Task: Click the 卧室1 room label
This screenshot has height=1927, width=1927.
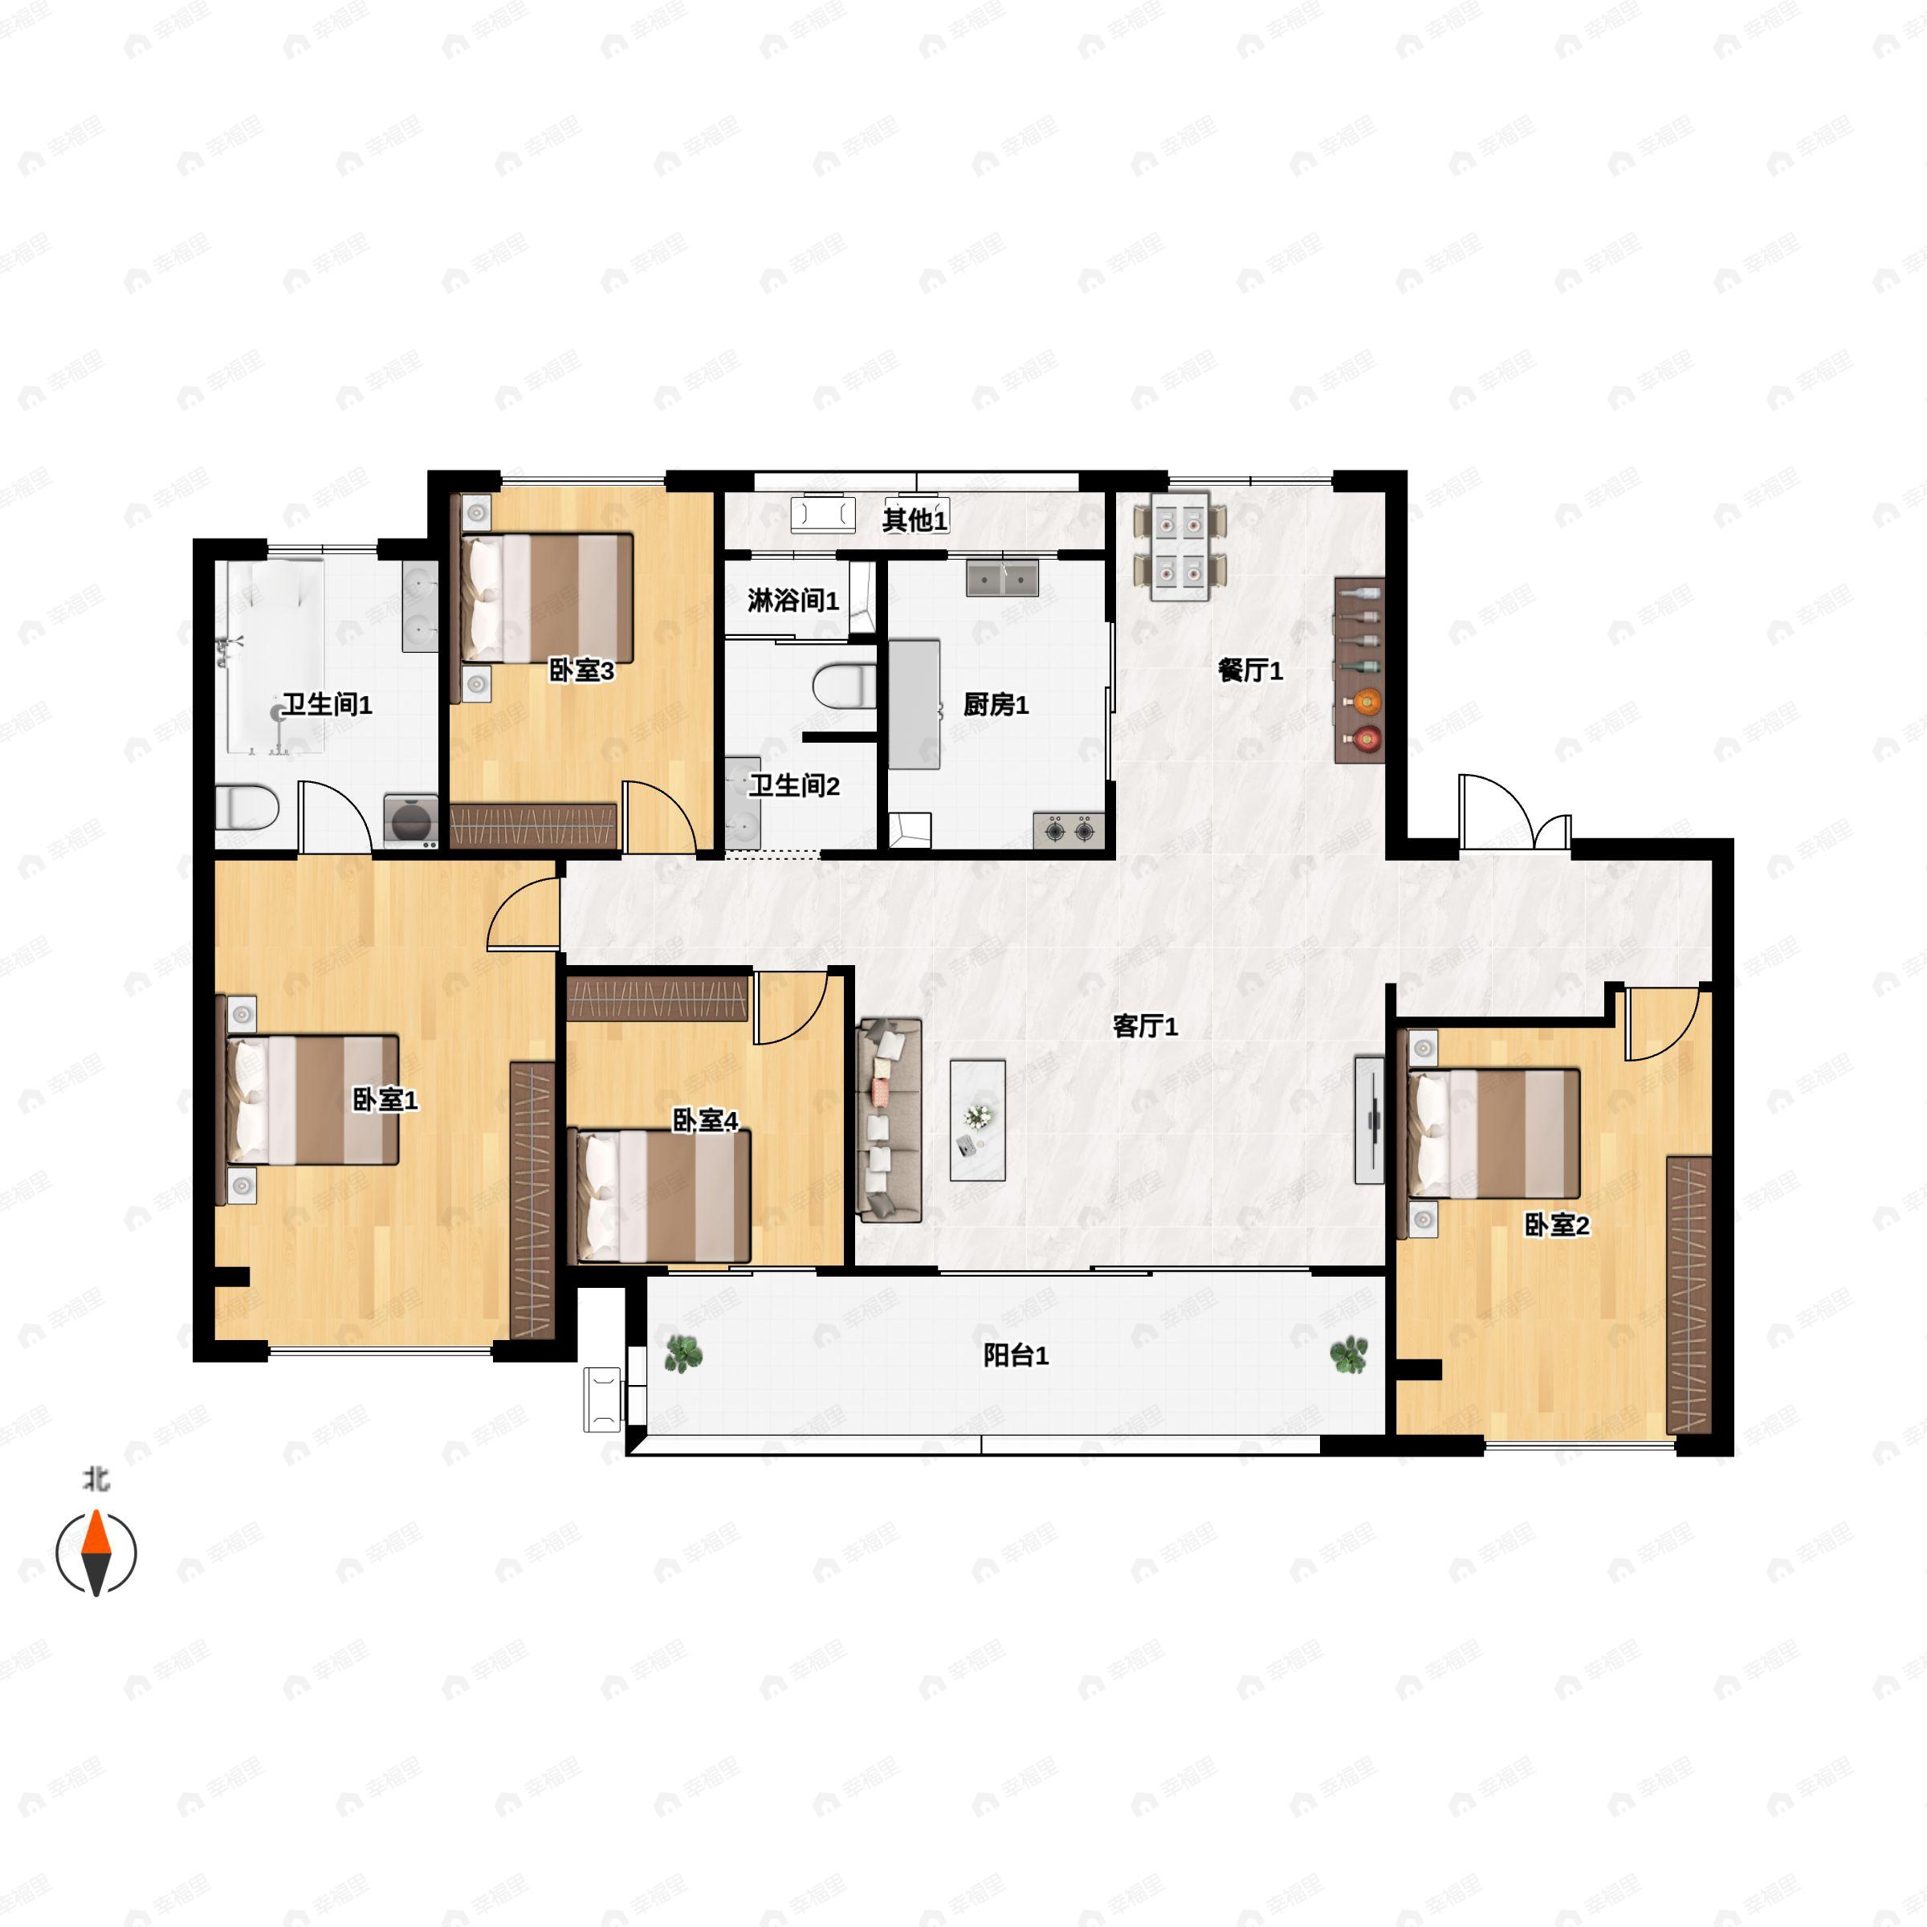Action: click(x=385, y=1099)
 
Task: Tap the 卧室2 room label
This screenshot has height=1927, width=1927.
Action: click(x=1556, y=1224)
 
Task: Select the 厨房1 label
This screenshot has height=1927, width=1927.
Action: click(x=996, y=705)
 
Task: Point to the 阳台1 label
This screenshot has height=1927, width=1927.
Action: click(x=1016, y=1355)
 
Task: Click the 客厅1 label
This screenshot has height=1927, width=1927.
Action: click(x=1145, y=1025)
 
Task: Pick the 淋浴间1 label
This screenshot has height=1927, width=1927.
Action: click(x=793, y=601)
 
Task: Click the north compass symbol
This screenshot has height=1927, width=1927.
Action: click(x=96, y=1553)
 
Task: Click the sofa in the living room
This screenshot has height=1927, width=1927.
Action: click(x=890, y=1119)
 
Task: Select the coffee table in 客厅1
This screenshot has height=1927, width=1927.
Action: click(x=977, y=1120)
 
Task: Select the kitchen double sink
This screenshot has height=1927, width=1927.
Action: click(x=1002, y=578)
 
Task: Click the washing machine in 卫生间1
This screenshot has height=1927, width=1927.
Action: click(x=411, y=821)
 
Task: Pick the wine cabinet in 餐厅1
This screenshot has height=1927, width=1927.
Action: click(x=1359, y=670)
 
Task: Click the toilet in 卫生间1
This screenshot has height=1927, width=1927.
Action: click(x=247, y=807)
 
